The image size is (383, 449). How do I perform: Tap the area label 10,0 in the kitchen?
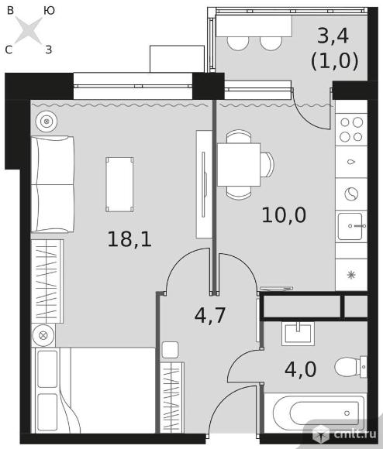click(x=284, y=214)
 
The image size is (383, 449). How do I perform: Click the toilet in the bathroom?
click(x=353, y=365)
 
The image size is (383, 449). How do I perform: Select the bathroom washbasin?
click(x=298, y=333)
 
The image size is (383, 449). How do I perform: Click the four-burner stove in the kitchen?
click(x=350, y=129)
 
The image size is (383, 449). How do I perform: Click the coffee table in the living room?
click(x=119, y=183)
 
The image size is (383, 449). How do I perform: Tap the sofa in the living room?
click(x=52, y=183)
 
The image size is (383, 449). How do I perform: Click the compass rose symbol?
click(x=29, y=31)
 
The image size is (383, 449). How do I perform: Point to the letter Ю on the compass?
click(x=49, y=10)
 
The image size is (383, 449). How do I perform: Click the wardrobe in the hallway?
click(x=171, y=396)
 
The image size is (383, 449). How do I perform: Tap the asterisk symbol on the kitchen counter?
click(x=350, y=275)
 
